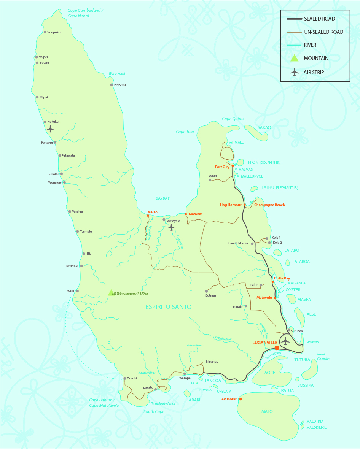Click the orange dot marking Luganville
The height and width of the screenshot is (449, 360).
(x=277, y=348)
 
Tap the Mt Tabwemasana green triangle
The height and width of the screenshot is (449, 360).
(x=111, y=292)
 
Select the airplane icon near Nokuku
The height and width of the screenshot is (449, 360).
(x=50, y=129)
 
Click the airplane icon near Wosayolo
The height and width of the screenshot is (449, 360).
(x=171, y=227)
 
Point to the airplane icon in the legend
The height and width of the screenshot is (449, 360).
(x=294, y=72)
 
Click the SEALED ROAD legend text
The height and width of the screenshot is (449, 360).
(x=319, y=19)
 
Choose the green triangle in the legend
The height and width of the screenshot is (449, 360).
(x=294, y=58)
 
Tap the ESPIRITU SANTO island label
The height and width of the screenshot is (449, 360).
(x=168, y=307)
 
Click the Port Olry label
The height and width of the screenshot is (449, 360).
(x=222, y=167)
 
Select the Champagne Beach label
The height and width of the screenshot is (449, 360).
(x=269, y=205)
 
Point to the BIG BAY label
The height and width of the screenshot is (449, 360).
(x=162, y=198)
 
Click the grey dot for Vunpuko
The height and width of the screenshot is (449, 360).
(x=45, y=32)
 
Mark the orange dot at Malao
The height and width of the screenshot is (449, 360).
(x=148, y=216)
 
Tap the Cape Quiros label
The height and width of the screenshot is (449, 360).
(x=233, y=119)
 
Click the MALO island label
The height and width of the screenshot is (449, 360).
(x=267, y=411)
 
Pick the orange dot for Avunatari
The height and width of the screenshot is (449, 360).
(x=241, y=399)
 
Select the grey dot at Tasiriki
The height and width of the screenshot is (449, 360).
(x=125, y=378)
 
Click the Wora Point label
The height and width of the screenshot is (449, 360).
(x=117, y=73)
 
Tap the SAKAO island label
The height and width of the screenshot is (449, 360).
(x=264, y=127)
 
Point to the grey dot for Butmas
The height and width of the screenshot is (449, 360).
(x=207, y=291)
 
